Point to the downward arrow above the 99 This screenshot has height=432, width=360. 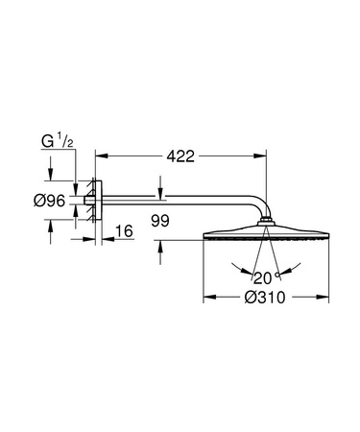(160, 194)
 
